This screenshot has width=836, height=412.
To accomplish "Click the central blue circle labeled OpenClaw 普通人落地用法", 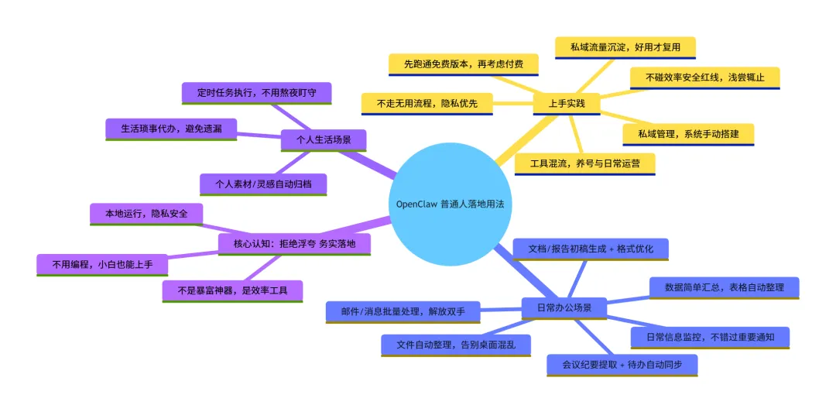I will click(453, 204).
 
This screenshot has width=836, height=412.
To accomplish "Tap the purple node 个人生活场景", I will click(324, 140).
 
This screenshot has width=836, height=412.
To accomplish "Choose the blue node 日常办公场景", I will click(564, 307).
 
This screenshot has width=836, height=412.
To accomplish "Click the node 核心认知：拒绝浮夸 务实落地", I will click(294, 244).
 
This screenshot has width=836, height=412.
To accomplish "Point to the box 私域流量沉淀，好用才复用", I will click(625, 47).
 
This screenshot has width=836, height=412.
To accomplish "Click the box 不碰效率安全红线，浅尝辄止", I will click(704, 77).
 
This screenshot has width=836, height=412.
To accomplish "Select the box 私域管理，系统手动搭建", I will click(688, 134).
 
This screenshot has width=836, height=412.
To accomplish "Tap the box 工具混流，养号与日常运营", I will click(585, 163).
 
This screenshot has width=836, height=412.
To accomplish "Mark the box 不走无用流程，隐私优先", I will click(427, 103).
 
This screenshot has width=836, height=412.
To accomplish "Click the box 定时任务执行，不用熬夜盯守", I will click(256, 93).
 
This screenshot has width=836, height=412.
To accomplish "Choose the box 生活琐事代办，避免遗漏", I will click(171, 129).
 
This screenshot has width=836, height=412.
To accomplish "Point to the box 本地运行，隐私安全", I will click(146, 214).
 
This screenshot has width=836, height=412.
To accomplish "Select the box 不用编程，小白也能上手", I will click(102, 265).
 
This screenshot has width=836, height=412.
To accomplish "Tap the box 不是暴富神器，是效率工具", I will click(232, 290).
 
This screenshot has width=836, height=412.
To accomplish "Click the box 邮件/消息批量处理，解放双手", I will click(403, 311).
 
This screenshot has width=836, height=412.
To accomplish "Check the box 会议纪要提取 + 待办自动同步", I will click(622, 365).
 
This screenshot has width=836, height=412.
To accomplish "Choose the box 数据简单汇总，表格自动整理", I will click(724, 287).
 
